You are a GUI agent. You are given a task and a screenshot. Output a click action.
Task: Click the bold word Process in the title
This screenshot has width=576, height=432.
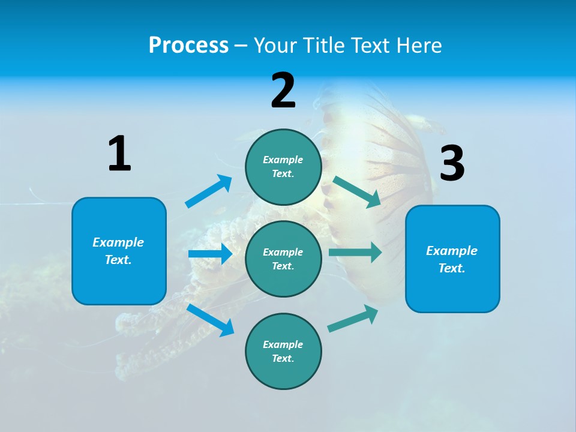point(188,46)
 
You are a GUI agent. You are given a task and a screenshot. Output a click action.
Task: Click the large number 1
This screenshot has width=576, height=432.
point(119,154)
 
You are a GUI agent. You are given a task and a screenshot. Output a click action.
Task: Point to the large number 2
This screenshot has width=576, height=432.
point(283,91)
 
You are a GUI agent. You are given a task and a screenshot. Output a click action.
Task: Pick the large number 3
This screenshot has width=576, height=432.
point(452,163)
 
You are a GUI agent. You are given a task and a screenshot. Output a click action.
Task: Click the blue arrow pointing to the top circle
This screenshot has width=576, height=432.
point(209,191)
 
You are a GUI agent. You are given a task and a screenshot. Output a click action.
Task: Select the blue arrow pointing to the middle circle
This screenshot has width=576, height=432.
point(210,254)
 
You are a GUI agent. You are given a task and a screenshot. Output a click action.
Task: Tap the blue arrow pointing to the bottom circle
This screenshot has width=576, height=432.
point(211,320)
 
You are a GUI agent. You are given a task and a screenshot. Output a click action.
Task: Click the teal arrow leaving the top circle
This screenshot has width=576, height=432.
point(357,191)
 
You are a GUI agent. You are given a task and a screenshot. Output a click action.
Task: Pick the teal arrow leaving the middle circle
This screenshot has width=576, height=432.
point(355,252)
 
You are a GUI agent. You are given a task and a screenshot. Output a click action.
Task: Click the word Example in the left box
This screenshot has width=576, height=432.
point(118,242)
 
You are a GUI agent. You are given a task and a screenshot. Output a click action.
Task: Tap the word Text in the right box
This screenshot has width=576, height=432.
point(451,268)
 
